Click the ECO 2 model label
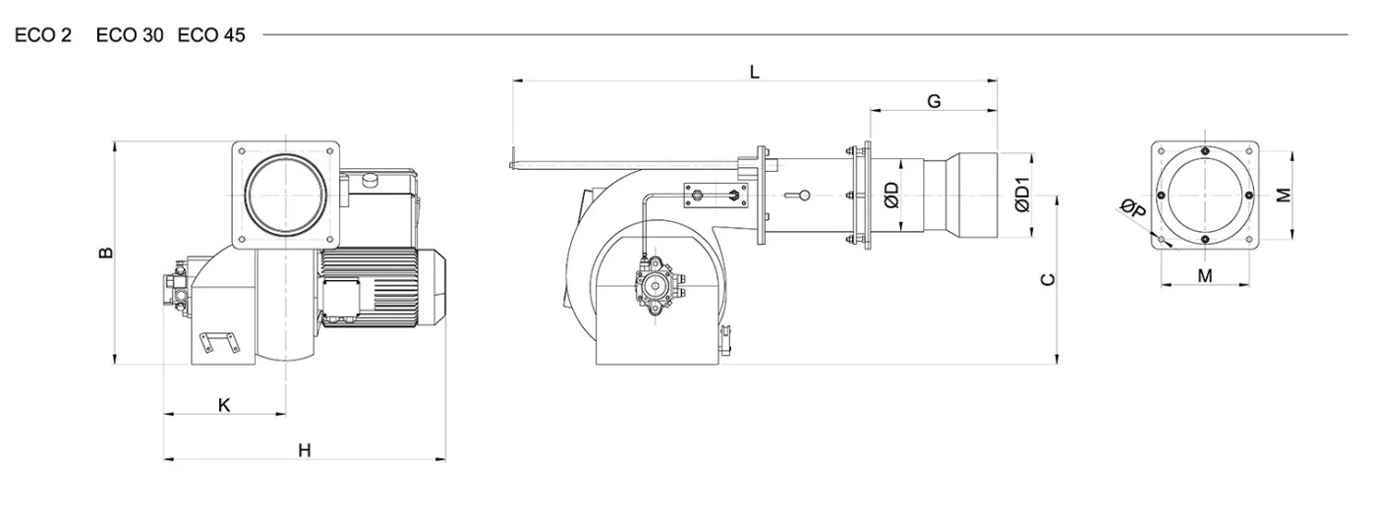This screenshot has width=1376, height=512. point(43,35)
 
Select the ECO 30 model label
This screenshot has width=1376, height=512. point(130,35)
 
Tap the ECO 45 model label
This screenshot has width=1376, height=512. point(211,35)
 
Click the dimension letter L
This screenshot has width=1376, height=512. point(755,72)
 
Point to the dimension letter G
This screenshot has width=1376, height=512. point(934,101)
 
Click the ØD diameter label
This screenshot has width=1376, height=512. point(892,196)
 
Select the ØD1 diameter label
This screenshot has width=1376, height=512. point(1022,195)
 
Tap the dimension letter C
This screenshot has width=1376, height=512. point(1048,279)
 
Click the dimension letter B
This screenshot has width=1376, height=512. point(106,253)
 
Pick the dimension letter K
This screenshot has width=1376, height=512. point(224,405)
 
